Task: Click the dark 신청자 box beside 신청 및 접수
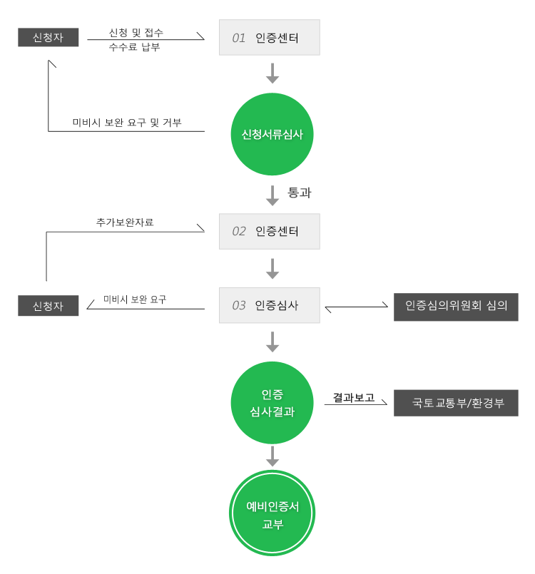point(48,37)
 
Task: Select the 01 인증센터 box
point(270,37)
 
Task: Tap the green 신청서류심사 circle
point(272,134)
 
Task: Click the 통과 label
point(299,193)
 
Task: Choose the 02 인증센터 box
point(270,231)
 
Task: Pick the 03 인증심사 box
point(270,305)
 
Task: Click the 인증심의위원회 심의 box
point(456,307)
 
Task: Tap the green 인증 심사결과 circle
point(272,403)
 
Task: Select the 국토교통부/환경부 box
point(456,403)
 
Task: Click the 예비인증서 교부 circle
point(272,513)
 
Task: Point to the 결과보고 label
point(353,397)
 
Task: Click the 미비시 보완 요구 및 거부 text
point(127,122)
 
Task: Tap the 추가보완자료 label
point(125,222)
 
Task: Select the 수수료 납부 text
point(134,47)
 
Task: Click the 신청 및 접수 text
point(136,33)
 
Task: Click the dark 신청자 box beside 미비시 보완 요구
point(48,305)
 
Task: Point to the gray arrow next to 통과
point(272,195)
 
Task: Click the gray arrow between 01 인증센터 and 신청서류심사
point(272,73)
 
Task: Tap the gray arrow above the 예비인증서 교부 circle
point(272,456)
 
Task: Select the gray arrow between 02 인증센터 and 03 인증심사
point(272,269)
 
